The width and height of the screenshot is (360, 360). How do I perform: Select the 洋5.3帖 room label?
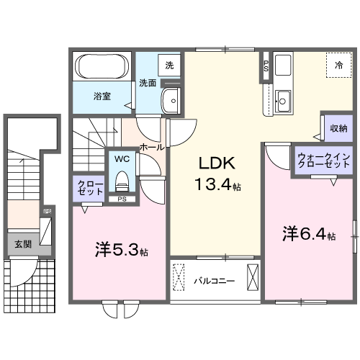[x=121, y=251]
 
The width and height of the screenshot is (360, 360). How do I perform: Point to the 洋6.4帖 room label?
[x=308, y=234]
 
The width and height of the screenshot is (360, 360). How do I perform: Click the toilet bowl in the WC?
[x=121, y=179]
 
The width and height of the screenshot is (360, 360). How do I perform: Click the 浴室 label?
[x=101, y=96]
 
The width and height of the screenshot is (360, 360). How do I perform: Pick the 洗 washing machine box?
[x=169, y=65]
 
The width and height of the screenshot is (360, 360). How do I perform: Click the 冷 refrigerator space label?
[x=338, y=66]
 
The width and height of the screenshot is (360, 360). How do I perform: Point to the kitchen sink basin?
[x=283, y=100]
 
